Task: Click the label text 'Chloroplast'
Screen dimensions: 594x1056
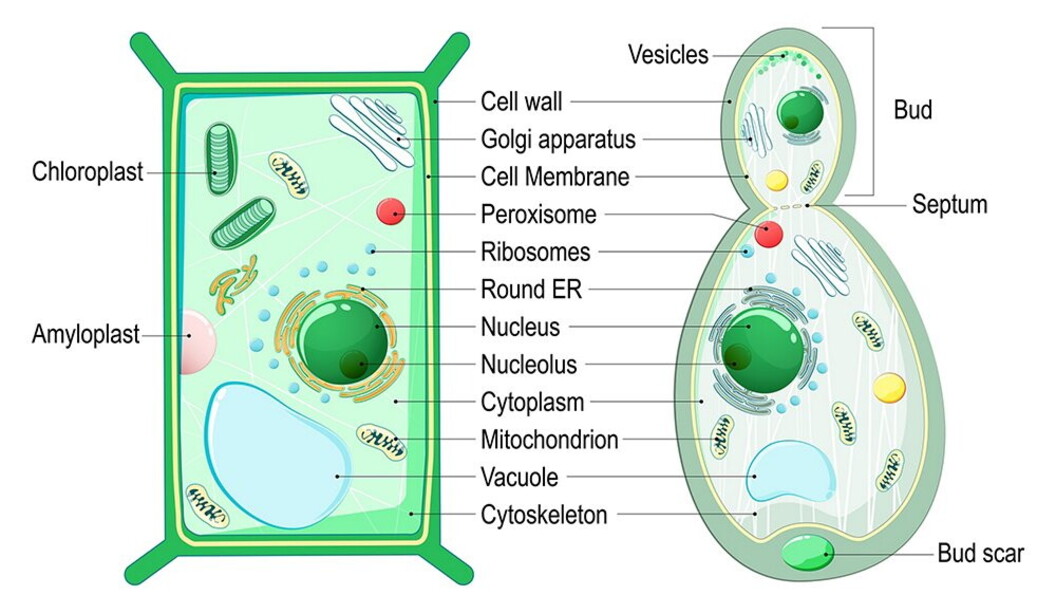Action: click(x=88, y=171)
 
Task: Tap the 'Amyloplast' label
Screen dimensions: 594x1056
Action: click(x=85, y=335)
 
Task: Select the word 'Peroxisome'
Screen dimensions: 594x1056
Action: click(x=538, y=214)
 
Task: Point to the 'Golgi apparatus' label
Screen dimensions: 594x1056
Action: click(x=558, y=139)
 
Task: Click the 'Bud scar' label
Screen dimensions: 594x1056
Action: click(x=980, y=553)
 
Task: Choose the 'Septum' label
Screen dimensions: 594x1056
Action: click(x=949, y=205)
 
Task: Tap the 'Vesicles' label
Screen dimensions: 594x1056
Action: click(x=668, y=54)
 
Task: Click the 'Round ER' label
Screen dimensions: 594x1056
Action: click(x=531, y=290)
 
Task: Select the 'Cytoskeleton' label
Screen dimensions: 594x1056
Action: click(x=544, y=516)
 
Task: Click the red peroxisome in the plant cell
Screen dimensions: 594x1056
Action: click(x=390, y=212)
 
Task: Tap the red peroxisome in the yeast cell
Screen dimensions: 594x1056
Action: click(x=768, y=234)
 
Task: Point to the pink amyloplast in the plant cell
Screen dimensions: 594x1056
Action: click(x=197, y=340)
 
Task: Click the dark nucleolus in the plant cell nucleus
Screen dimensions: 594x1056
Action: click(x=354, y=364)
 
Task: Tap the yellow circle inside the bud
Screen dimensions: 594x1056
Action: click(x=776, y=181)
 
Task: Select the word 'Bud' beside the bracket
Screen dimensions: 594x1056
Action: click(x=912, y=110)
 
